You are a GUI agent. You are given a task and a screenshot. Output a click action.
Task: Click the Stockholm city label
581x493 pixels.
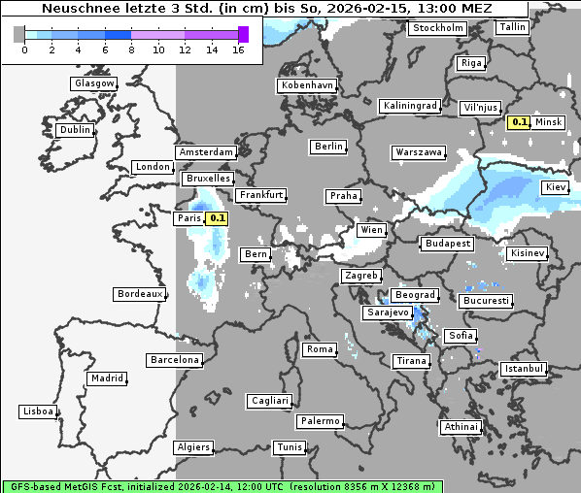437,28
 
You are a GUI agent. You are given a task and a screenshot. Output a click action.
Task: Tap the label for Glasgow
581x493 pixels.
94,83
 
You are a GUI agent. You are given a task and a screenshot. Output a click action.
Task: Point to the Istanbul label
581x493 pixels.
524,369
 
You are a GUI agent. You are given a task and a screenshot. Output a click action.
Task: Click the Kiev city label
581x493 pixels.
556,186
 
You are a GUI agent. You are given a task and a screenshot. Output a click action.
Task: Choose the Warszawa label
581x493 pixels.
419,152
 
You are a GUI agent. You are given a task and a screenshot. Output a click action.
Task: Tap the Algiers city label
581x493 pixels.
192,447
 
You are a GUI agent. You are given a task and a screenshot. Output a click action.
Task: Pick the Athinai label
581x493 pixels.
461,427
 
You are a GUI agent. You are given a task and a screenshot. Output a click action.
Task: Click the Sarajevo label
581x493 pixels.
386,313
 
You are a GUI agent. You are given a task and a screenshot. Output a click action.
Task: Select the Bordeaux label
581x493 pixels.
139,293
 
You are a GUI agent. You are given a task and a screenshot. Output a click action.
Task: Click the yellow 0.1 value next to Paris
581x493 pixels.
218,218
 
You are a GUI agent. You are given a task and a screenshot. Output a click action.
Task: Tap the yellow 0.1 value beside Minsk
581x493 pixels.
519,122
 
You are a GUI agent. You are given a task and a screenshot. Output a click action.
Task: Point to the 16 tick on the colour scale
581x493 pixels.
238,49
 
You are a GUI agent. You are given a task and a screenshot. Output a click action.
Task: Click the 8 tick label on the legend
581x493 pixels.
131,49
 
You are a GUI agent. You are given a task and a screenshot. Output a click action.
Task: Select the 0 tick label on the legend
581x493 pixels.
23,49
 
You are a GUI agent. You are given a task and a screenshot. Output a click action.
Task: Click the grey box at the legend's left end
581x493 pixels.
19,34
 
